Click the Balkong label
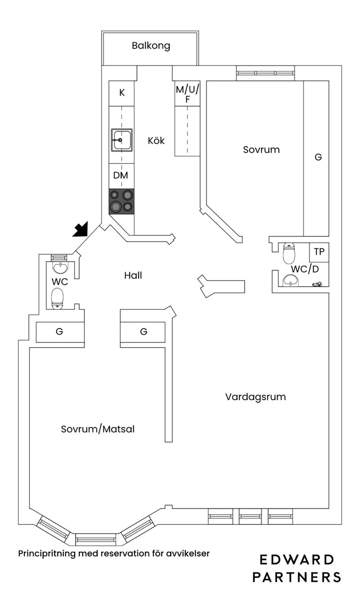tap(151, 46)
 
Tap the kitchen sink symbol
tap(122, 140)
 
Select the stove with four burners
tap(122, 201)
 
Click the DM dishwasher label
tap(121, 175)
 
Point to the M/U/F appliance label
tap(187, 94)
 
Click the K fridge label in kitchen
tap(122, 93)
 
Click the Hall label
tap(133, 275)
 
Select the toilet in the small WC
tap(58, 298)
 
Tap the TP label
tap(319, 252)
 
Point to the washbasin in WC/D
tap(291, 280)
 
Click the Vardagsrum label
tap(256, 397)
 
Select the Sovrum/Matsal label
tap(98, 429)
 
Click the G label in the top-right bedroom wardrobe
tap(318, 157)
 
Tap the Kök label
tap(156, 140)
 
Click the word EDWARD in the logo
tap(297, 560)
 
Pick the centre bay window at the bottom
tap(96, 539)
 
